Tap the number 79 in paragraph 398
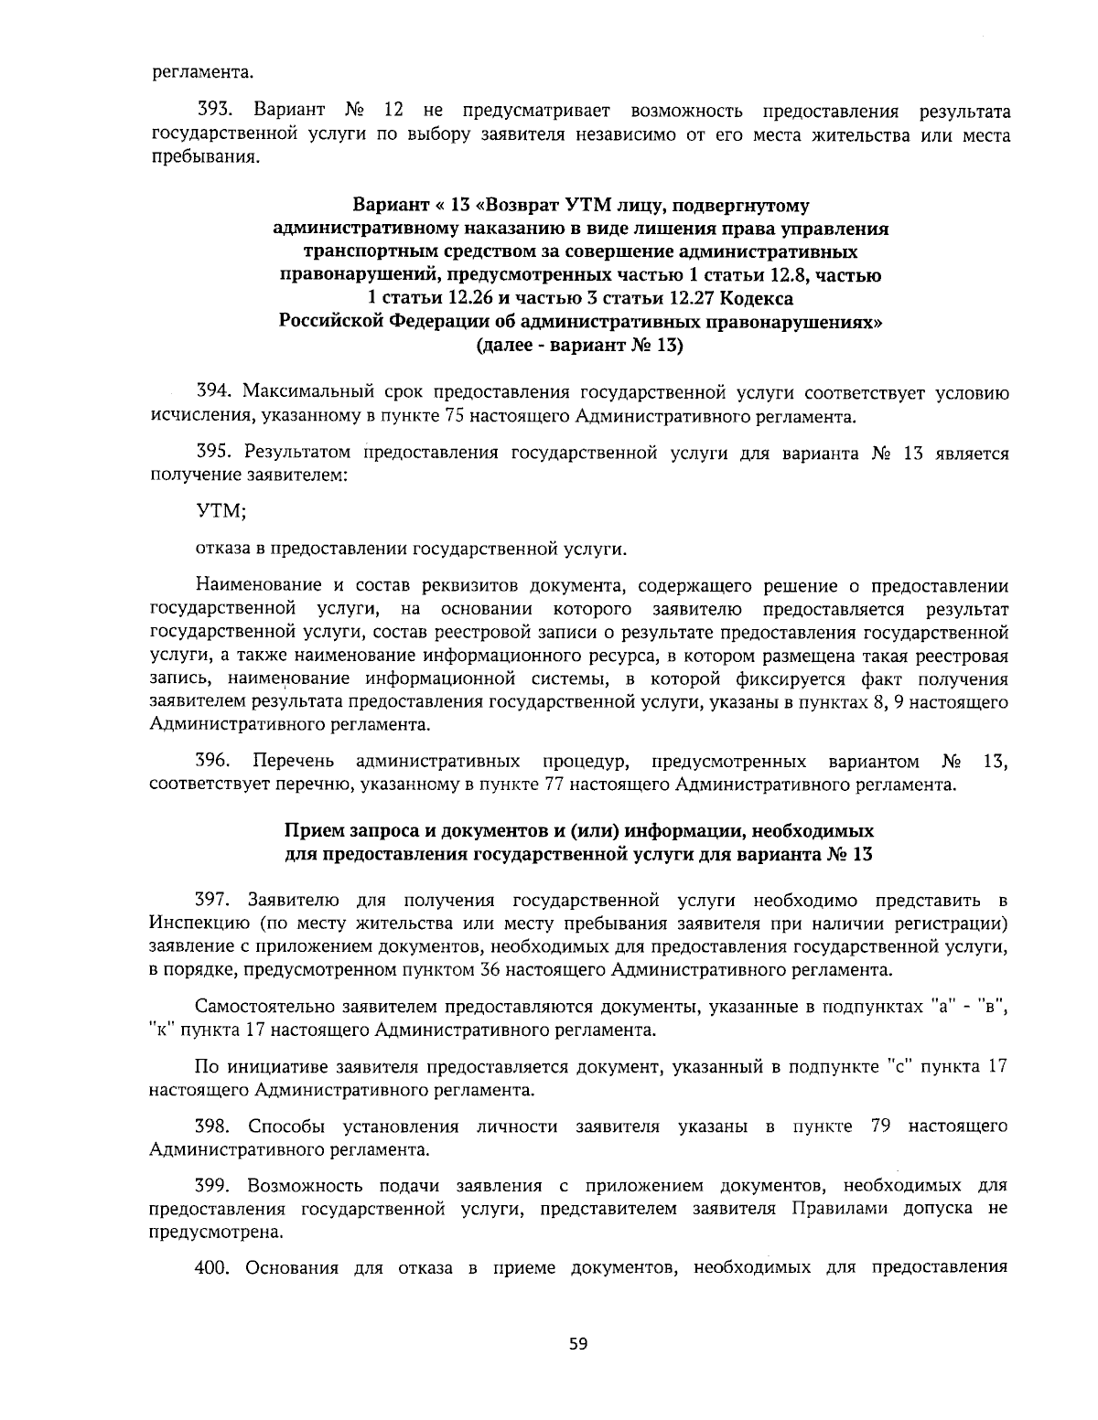pyautogui.click(x=881, y=1126)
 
